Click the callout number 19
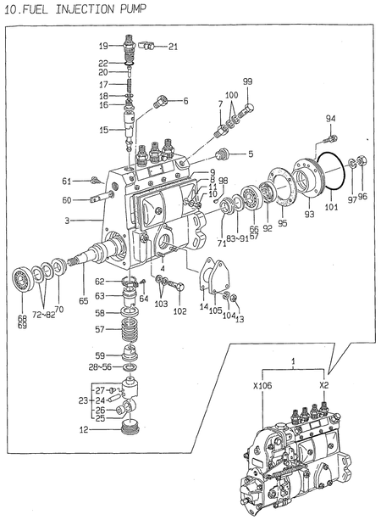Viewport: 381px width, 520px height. click(102, 46)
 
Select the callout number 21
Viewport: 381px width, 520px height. click(173, 46)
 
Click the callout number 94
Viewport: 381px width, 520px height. click(331, 118)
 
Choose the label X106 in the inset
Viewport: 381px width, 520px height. click(262, 384)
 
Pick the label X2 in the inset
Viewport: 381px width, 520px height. click(323, 384)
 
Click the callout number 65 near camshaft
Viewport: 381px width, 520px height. click(83, 300)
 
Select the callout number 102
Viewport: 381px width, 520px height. click(179, 311)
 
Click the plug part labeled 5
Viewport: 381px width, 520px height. click(225, 154)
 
